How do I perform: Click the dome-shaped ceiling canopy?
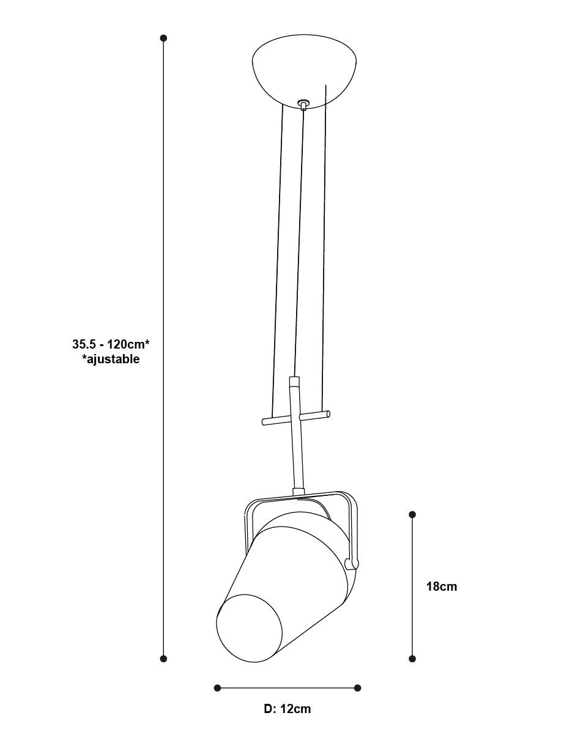[x=304, y=71]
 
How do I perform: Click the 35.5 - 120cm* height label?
[x=111, y=344]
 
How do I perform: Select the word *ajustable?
[x=111, y=359]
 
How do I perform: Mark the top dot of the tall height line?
[x=164, y=38]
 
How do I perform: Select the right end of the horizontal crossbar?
[x=328, y=414]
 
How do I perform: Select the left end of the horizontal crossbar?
[x=263, y=422]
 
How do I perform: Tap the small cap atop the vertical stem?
[x=294, y=381]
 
